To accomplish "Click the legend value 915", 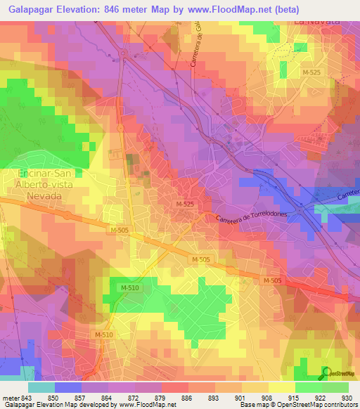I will (x=295, y=398).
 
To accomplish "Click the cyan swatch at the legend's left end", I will (x=41, y=387).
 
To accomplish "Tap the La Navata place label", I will (x=316, y=22).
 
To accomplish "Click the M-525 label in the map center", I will (x=185, y=204).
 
